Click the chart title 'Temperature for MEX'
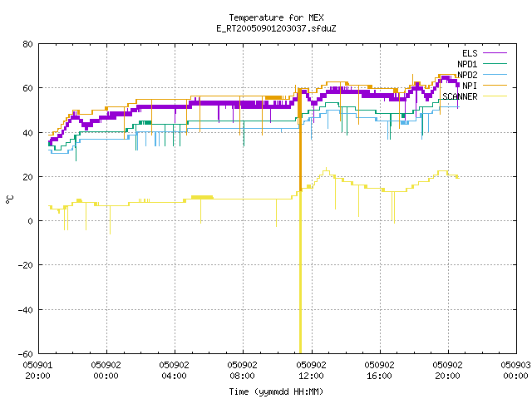point(276,17)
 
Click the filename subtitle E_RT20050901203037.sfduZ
point(276,28)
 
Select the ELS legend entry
point(484,53)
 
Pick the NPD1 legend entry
point(482,64)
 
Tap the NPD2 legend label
point(467,75)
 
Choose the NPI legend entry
point(484,86)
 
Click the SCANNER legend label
point(460,96)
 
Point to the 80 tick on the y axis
point(28,44)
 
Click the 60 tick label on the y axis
point(28,88)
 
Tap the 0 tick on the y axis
point(31,221)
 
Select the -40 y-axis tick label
point(26,310)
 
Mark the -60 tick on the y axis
point(26,354)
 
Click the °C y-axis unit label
point(10,199)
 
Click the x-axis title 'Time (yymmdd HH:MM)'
point(276,392)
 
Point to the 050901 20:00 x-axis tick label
point(37,371)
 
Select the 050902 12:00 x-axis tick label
point(311,371)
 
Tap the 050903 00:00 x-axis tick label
point(515,371)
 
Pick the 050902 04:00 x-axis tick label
point(174,371)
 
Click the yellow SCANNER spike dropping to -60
point(300,272)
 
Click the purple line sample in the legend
point(495,53)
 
